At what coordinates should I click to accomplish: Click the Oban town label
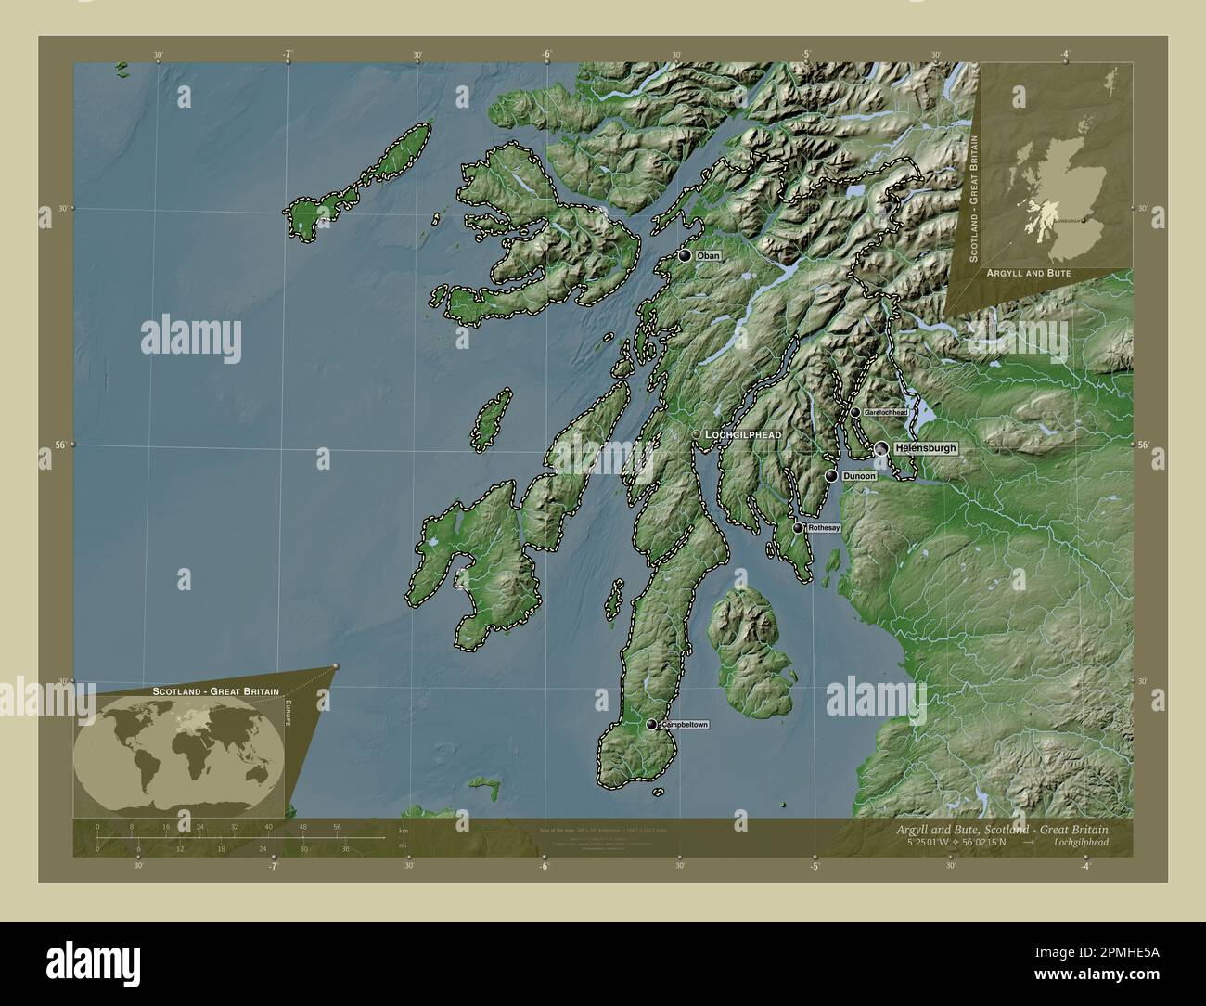pyautogui.click(x=708, y=255)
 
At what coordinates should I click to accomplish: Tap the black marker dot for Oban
pyautogui.click(x=685, y=255)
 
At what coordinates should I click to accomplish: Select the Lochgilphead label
pyautogui.click(x=742, y=434)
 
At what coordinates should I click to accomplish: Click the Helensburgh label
pyautogui.click(x=925, y=448)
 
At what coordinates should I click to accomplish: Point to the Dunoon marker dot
pyautogui.click(x=831, y=476)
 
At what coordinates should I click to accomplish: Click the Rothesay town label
pyautogui.click(x=824, y=528)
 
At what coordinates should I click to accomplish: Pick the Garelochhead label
pyautogui.click(x=886, y=412)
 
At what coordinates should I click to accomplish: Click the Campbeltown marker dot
pyautogui.click(x=652, y=724)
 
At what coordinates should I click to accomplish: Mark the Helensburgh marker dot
pyautogui.click(x=880, y=448)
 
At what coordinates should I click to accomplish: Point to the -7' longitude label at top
pyautogui.click(x=288, y=54)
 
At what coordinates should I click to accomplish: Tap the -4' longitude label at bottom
pyautogui.click(x=1084, y=866)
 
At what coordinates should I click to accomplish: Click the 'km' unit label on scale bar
pyautogui.click(x=402, y=831)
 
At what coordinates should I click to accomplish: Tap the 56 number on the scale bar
pyautogui.click(x=338, y=826)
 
